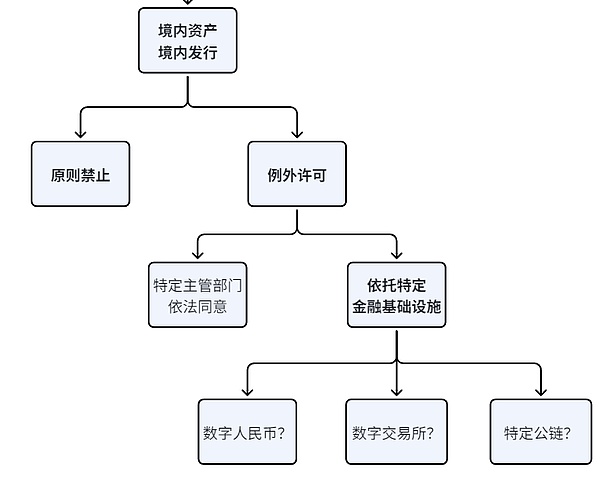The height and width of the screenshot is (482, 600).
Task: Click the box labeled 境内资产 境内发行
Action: (x=188, y=40)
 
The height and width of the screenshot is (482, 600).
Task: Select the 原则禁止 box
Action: (x=81, y=174)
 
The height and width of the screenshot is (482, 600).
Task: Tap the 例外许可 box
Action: (x=297, y=174)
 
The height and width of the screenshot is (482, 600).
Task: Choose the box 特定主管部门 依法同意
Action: (x=198, y=295)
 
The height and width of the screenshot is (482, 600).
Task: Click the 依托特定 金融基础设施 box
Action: (x=397, y=295)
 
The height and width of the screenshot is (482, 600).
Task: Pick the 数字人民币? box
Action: (x=248, y=432)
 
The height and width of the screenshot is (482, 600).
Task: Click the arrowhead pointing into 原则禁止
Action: (x=81, y=135)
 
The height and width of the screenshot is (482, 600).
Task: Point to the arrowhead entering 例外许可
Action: (x=297, y=135)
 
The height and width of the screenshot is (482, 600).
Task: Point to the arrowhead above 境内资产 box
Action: (x=188, y=3)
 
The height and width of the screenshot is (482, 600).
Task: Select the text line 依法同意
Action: (x=198, y=306)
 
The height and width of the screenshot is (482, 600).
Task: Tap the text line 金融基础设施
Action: (x=397, y=307)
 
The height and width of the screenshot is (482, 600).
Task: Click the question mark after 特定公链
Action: (x=567, y=433)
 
